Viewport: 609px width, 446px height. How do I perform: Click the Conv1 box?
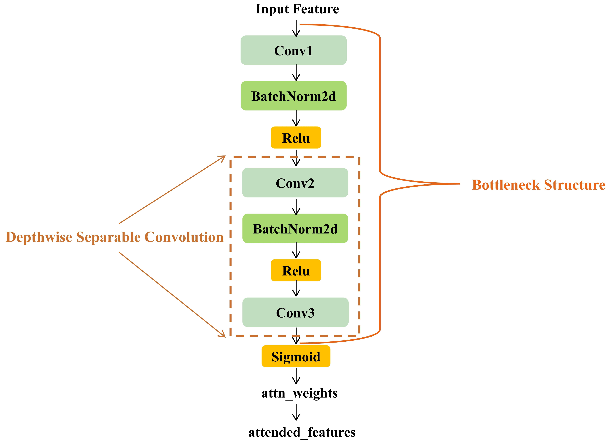293,50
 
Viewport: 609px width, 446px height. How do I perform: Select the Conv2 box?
295,183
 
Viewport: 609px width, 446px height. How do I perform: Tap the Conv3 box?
295,312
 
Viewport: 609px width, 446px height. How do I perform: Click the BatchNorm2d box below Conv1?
293,96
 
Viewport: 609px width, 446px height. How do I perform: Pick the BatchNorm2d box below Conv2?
295,228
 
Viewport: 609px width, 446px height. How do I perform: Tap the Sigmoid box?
296,356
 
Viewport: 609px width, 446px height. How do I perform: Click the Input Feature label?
297,9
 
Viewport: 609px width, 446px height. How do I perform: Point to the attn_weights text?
299,393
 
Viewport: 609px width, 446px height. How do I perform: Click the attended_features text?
302,432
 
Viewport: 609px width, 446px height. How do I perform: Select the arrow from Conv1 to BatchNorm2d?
296,73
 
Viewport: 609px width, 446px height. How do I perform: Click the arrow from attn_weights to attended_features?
296,412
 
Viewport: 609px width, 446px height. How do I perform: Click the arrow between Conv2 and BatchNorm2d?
296,207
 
